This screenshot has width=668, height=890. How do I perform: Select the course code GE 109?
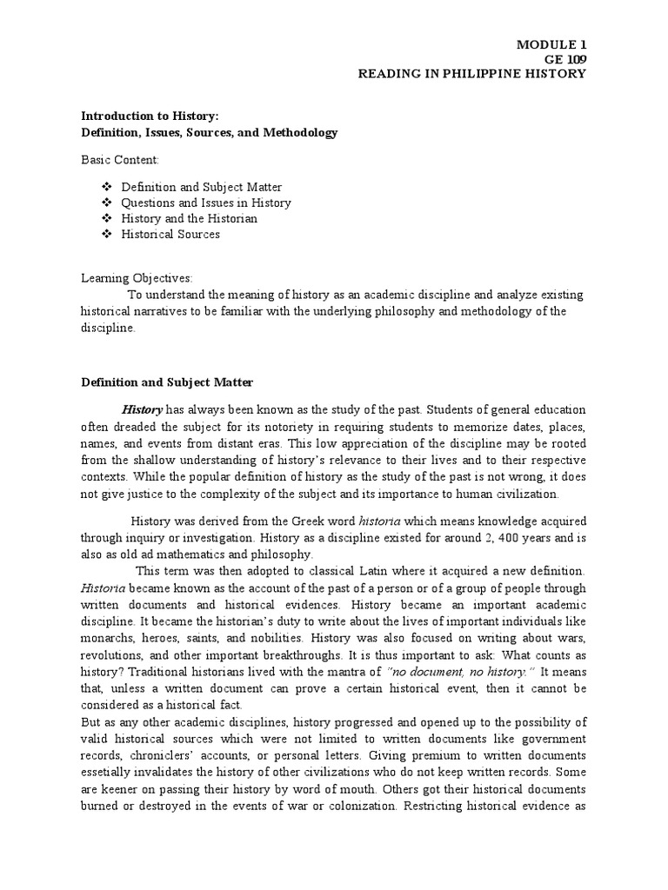[x=564, y=58]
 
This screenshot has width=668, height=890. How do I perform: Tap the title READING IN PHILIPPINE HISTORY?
[x=472, y=73]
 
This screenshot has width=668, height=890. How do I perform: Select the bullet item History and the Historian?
[x=189, y=218]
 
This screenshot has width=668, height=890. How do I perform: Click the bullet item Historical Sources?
[x=170, y=234]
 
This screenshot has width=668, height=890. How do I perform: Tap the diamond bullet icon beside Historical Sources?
[x=107, y=234]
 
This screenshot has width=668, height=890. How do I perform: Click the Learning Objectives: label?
[x=137, y=277]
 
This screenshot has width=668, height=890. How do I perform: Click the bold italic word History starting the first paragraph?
[x=142, y=409]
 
